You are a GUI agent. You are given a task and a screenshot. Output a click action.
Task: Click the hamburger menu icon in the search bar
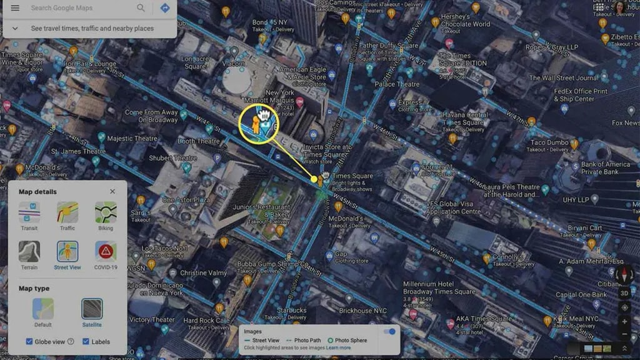click(15, 8)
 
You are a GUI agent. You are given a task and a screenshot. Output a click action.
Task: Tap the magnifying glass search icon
click(141, 8)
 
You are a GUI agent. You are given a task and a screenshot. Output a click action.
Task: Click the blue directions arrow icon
click(165, 8)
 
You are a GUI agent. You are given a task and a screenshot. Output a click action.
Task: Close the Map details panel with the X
click(112, 192)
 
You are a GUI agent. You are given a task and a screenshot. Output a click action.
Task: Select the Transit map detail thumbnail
click(29, 212)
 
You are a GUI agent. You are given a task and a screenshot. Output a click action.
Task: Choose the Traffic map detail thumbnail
click(67, 212)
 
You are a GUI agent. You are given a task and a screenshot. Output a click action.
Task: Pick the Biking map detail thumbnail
click(106, 212)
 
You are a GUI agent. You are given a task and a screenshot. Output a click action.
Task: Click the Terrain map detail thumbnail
click(29, 251)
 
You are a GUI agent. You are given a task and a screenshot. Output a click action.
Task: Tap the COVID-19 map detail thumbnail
click(106, 251)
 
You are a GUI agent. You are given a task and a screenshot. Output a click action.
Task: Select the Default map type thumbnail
click(43, 309)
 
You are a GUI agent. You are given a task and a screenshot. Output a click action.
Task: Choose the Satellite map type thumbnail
click(92, 309)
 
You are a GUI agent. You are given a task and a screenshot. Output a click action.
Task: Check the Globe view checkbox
click(29, 341)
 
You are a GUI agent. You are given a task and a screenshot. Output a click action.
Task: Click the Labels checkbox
click(86, 341)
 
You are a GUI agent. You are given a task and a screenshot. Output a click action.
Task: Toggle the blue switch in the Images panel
click(390, 331)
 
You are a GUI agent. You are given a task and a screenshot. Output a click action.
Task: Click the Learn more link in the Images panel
click(338, 347)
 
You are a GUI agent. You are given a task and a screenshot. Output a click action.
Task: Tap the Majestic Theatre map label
click(132, 139)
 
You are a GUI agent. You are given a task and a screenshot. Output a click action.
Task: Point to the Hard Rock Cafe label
click(199, 321)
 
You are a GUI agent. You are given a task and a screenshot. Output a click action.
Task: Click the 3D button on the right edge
click(624, 293)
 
